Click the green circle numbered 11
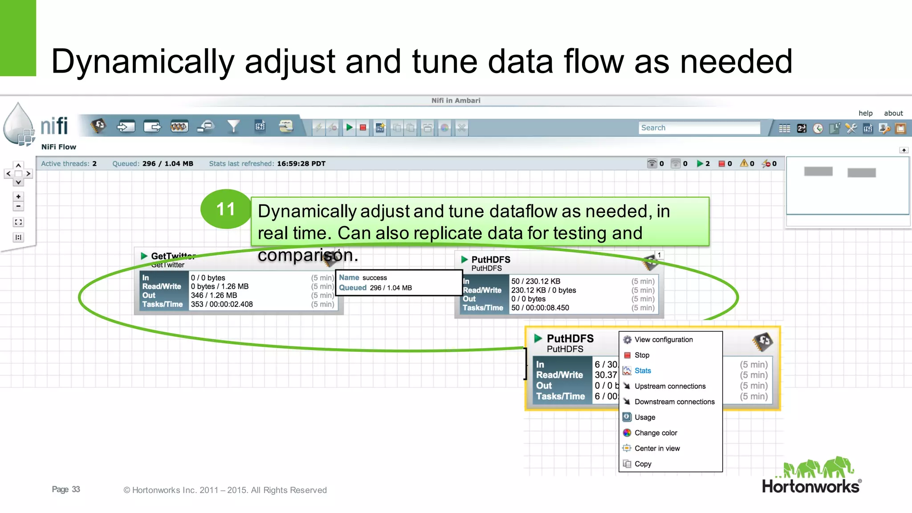coord(226,209)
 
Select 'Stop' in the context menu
coord(642,355)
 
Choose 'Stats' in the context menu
coord(643,370)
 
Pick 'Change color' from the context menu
coord(655,433)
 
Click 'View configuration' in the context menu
coord(664,339)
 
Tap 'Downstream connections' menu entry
coord(674,402)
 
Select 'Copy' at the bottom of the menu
coord(643,464)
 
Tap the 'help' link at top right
coord(865,113)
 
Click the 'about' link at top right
coord(893,113)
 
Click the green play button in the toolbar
coord(350,128)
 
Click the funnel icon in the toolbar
coord(233,127)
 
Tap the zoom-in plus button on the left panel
coord(18,196)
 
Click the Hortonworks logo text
coord(810,486)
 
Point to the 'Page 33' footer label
coord(66,489)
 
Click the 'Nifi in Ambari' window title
coord(456,101)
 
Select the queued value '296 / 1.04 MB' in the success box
coord(391,288)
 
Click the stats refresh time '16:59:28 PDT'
coord(301,163)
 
